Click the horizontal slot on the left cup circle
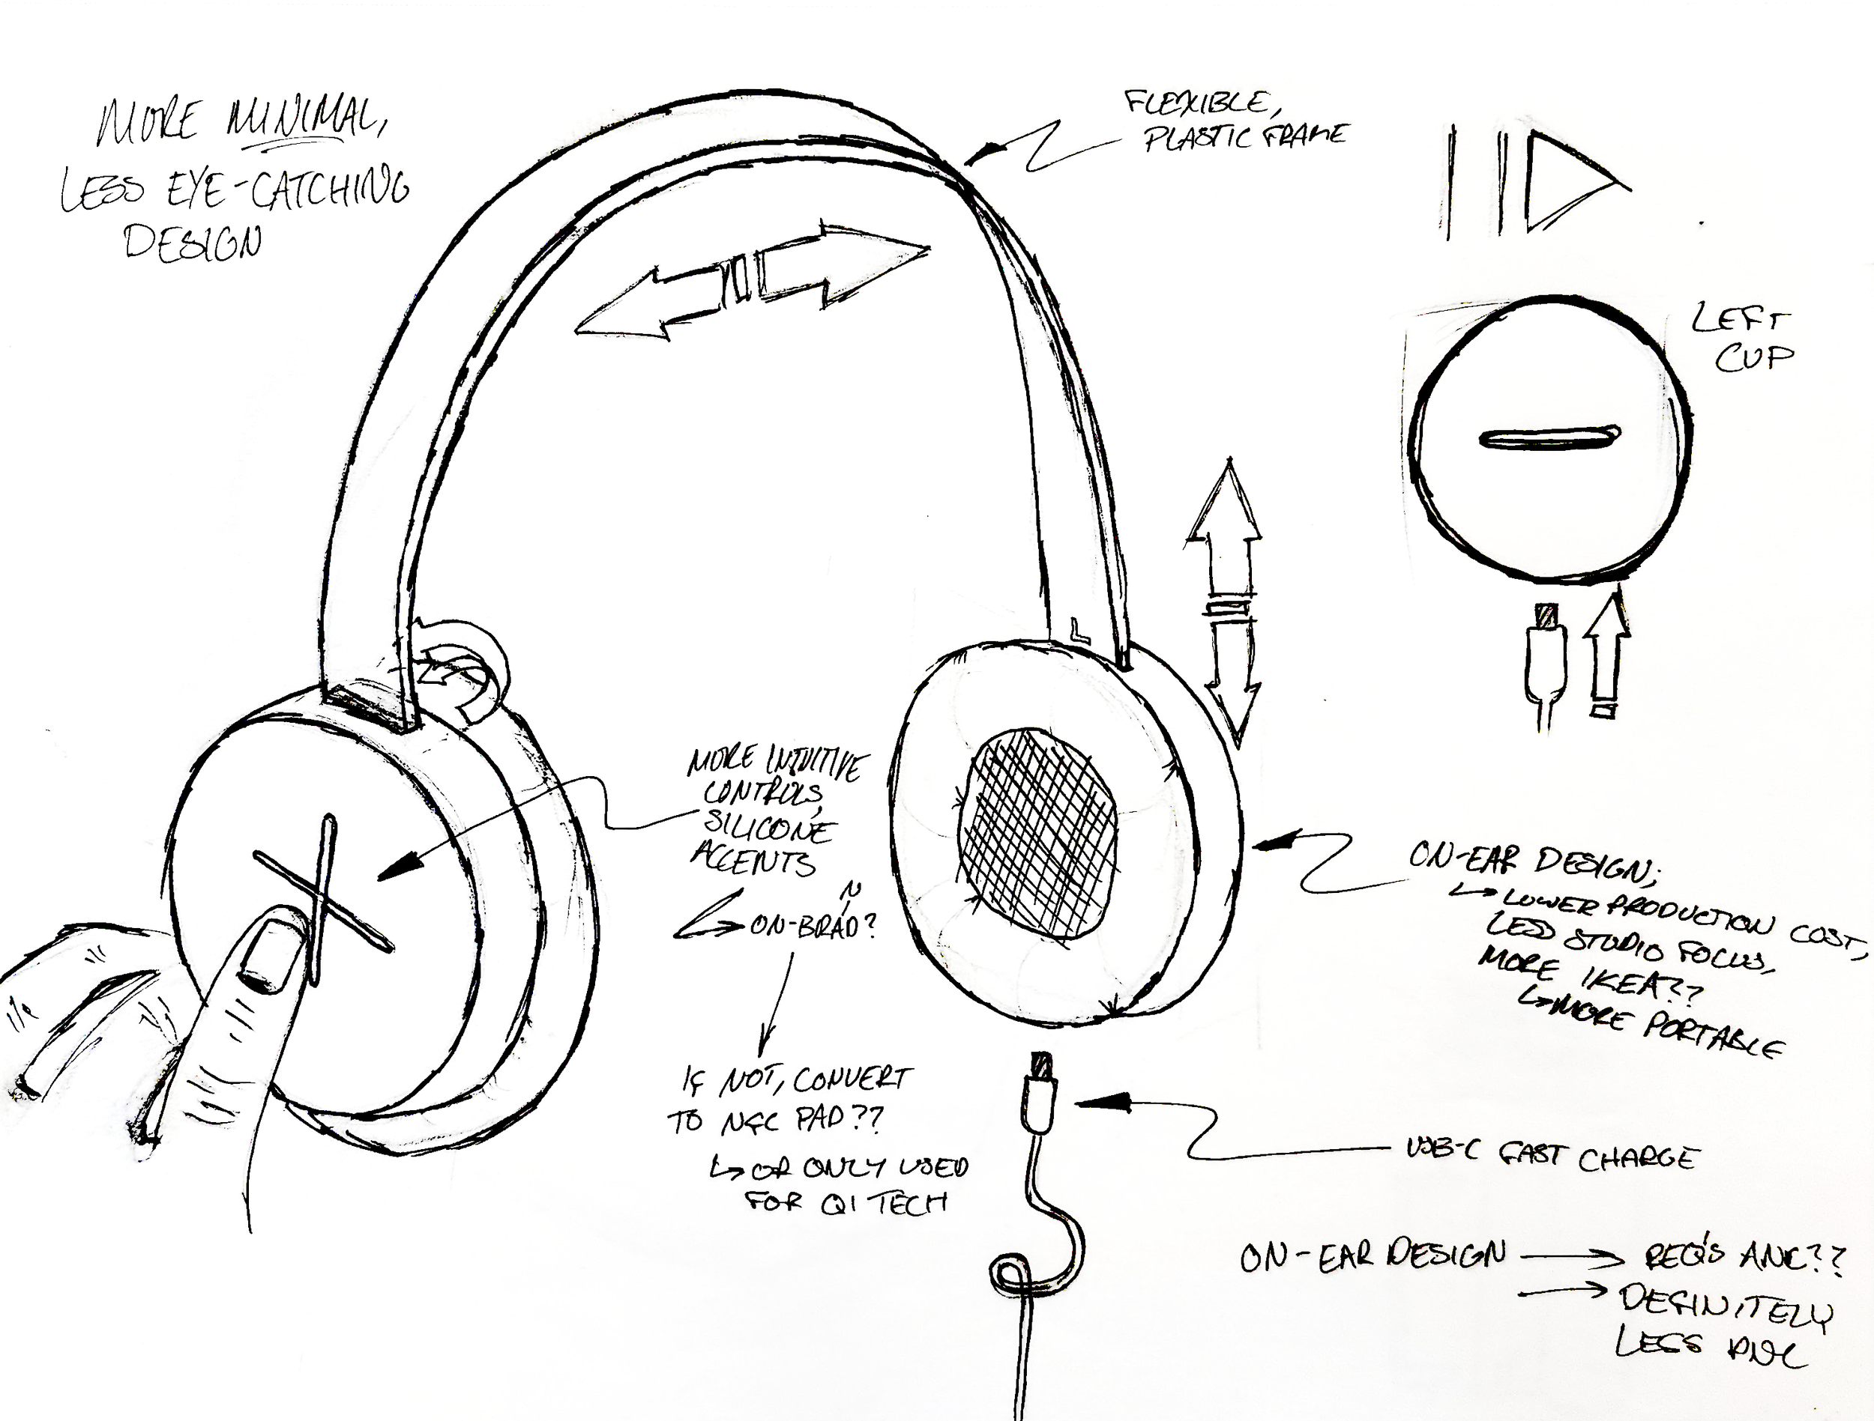click(1549, 437)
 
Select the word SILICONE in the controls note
click(767, 825)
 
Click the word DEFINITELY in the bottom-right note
click(1725, 1305)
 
